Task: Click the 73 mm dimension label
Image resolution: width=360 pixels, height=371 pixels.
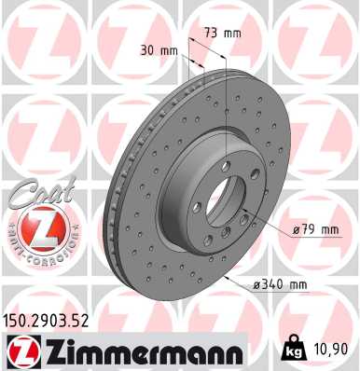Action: pyautogui.click(x=222, y=34)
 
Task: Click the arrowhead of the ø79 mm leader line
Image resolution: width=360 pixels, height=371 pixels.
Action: pyautogui.click(x=244, y=218)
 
